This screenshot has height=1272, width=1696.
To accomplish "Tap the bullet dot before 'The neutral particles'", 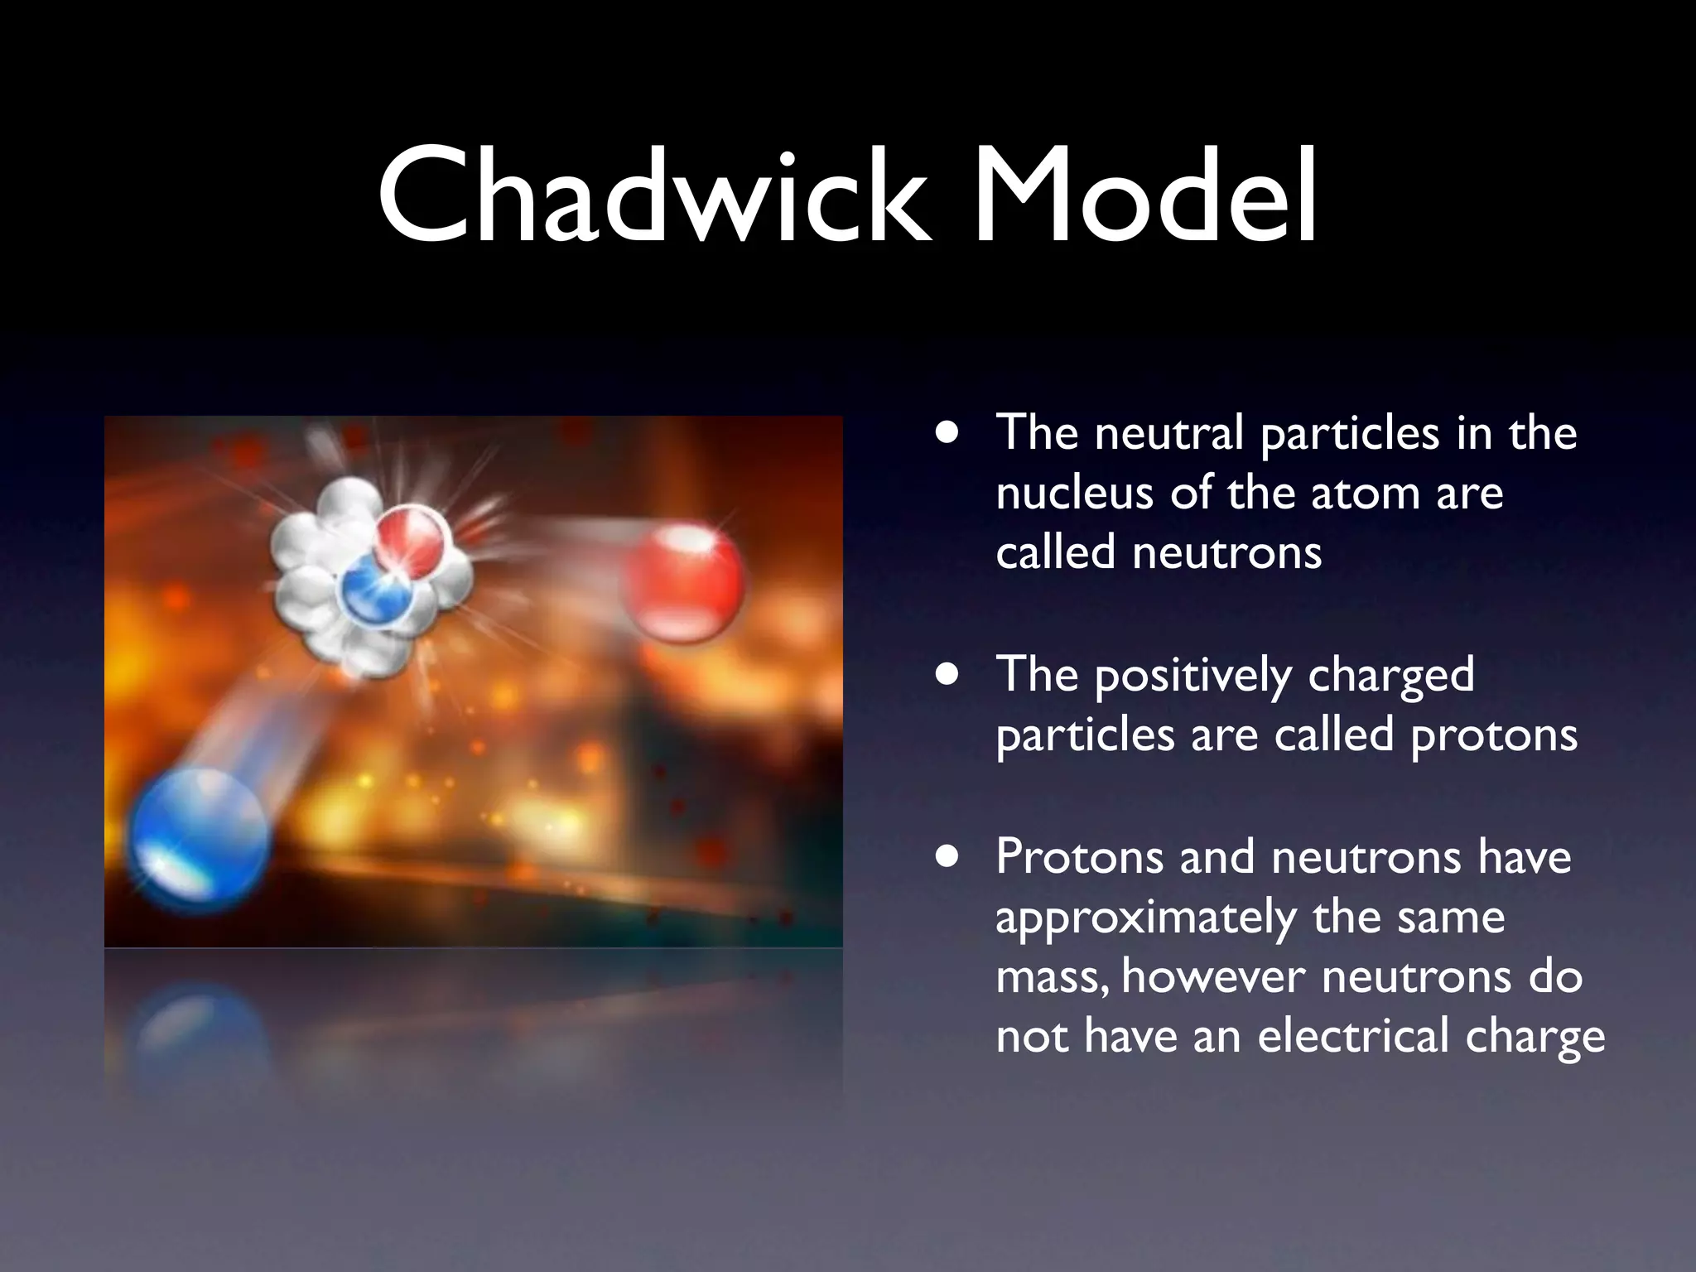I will (947, 433).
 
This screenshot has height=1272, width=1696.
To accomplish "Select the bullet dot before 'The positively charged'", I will (947, 674).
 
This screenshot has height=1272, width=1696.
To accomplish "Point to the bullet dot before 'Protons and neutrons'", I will (947, 856).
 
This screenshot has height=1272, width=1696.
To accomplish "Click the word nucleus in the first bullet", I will (1073, 494).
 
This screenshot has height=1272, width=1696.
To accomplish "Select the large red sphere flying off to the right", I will (686, 582).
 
